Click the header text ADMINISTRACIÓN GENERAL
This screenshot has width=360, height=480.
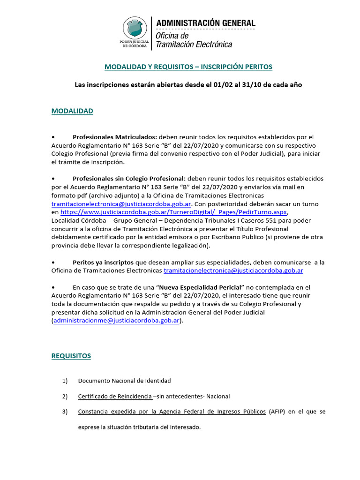click(205, 23)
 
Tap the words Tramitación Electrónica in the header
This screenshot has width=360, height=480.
click(194, 45)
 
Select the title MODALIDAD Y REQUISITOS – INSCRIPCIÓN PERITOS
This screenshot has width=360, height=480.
click(188, 67)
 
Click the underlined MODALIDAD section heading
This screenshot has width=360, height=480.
click(72, 111)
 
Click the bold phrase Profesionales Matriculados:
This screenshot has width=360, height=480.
click(115, 137)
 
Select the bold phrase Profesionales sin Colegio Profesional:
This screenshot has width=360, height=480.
click(129, 179)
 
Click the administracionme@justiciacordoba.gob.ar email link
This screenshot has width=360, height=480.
click(116, 321)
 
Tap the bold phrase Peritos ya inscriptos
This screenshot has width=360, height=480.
click(103, 262)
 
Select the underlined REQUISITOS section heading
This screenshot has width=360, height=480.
click(71, 356)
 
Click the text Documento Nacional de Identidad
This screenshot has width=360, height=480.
click(124, 381)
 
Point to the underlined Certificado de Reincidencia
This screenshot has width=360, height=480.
click(115, 396)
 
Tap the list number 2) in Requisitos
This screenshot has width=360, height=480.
click(65, 396)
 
